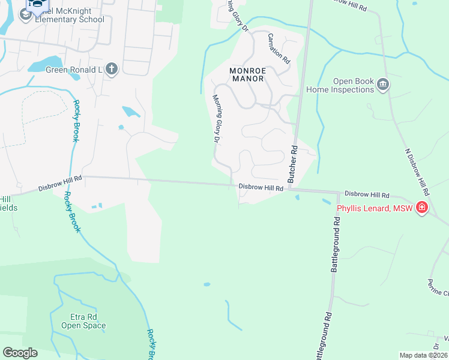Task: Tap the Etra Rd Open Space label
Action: (x=83, y=321)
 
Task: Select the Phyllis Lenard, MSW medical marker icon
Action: (x=423, y=208)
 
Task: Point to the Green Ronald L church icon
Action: (x=111, y=69)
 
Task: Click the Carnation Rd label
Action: (x=279, y=49)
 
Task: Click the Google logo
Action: (x=20, y=353)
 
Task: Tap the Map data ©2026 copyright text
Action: (x=423, y=355)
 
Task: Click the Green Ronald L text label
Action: (x=74, y=69)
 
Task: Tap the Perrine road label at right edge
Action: (x=438, y=287)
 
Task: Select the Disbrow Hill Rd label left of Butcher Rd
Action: (x=261, y=188)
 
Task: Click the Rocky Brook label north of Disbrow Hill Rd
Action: (x=76, y=121)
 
